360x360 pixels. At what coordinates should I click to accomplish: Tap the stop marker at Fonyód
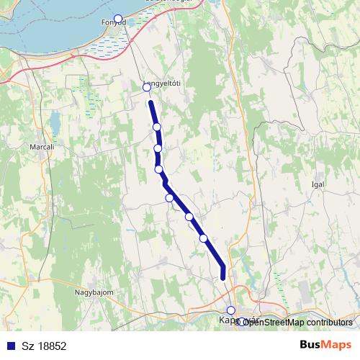118,19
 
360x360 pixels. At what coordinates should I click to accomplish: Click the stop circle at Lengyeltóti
147,88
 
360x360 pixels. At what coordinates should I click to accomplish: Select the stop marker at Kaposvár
230,310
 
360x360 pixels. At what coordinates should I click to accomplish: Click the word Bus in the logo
312,345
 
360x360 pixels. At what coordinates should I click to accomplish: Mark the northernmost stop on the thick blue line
156,127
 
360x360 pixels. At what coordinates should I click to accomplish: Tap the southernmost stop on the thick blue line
203,238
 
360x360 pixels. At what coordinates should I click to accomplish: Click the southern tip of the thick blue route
223,276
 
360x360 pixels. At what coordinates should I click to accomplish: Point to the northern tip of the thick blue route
151,103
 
